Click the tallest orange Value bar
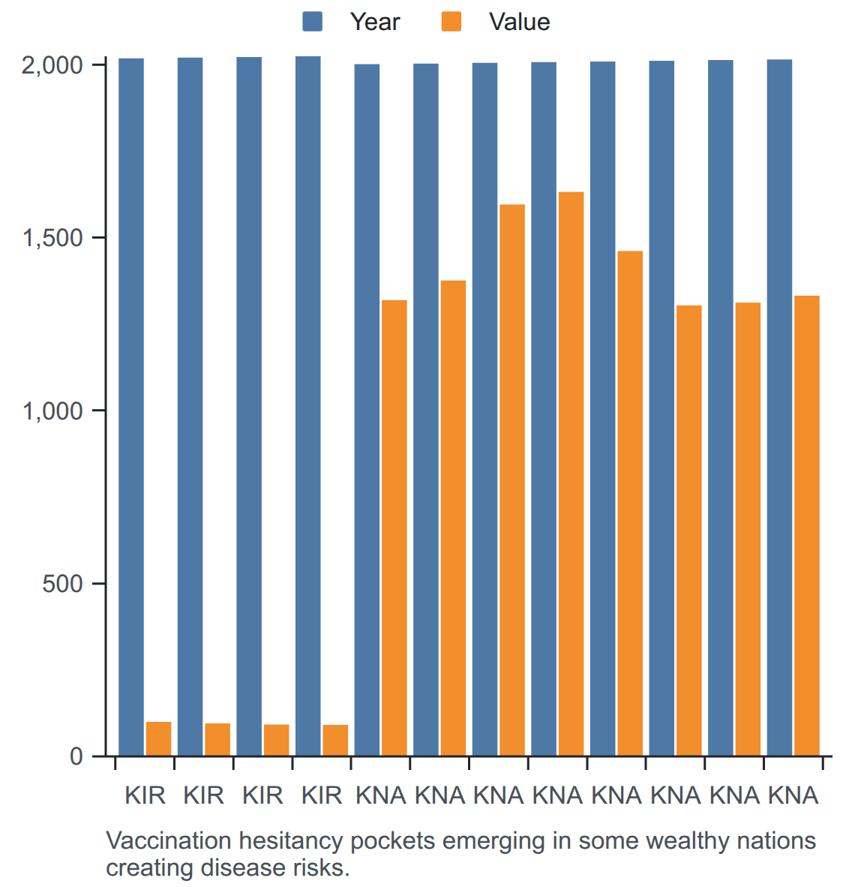(571, 474)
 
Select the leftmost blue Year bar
(131, 407)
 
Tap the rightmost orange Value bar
(807, 525)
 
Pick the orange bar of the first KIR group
(158, 738)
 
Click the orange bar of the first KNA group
(394, 528)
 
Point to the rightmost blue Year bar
(780, 407)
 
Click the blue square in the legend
(313, 22)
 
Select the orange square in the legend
(451, 22)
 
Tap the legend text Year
(375, 22)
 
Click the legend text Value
(519, 22)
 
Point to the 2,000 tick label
(52, 65)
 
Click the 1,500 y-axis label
(52, 238)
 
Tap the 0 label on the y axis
(76, 756)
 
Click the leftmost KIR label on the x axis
(145, 795)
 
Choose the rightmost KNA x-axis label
(793, 795)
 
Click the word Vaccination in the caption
(169, 840)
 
